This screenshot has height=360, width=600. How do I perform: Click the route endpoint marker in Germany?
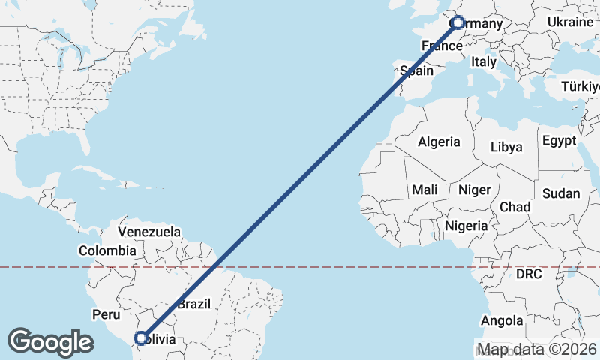pos(458,23)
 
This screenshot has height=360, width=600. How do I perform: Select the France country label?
pos(441,46)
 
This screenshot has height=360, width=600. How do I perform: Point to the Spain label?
pos(417,70)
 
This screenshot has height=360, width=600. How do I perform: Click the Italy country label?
pos(484,62)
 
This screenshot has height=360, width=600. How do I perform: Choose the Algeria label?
pos(439,142)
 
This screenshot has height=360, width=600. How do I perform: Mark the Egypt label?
pos(559,141)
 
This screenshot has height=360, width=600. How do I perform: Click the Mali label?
pos(424,190)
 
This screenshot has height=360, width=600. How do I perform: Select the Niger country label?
pos(473,190)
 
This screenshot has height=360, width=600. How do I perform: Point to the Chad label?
pos(515,206)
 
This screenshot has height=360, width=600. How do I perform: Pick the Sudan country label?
pos(561,193)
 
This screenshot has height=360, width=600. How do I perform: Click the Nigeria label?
pos(466,225)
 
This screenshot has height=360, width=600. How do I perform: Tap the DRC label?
pos(529,274)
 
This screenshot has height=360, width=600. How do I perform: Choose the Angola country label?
pos(502,321)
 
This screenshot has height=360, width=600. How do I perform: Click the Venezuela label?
pos(149,232)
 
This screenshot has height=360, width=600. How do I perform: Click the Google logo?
pos(50,341)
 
